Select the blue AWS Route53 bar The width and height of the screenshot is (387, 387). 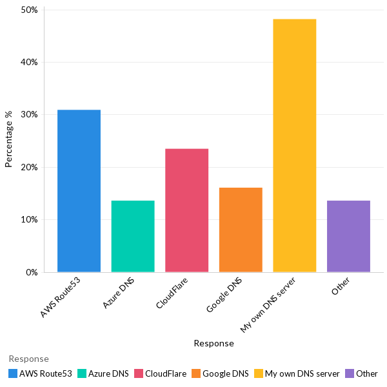pyautogui.click(x=79, y=191)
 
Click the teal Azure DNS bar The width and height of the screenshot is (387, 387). pyautogui.click(x=133, y=236)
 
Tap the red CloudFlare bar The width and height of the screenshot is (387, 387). pyautogui.click(x=186, y=210)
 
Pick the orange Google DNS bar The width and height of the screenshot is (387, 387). pyautogui.click(x=241, y=230)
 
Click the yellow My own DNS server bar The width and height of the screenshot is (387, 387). pyautogui.click(x=294, y=146)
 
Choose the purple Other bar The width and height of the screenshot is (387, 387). pyautogui.click(x=348, y=236)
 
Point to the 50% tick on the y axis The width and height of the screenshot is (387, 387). pyautogui.click(x=30, y=10)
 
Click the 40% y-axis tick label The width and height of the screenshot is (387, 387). pyautogui.click(x=30, y=63)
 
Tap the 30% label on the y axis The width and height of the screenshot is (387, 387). pyautogui.click(x=30, y=115)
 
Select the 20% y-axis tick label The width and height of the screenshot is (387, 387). pyautogui.click(x=30, y=167)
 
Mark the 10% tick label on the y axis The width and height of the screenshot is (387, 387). pyautogui.click(x=30, y=219)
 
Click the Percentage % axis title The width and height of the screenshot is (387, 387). pyautogui.click(x=9, y=139)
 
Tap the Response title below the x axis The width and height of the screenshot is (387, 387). pyautogui.click(x=213, y=344)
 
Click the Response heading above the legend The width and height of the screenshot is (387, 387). pyautogui.click(x=28, y=359)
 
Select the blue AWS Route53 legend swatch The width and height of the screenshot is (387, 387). pyautogui.click(x=13, y=373)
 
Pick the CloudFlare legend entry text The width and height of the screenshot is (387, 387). pyautogui.click(x=166, y=373)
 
